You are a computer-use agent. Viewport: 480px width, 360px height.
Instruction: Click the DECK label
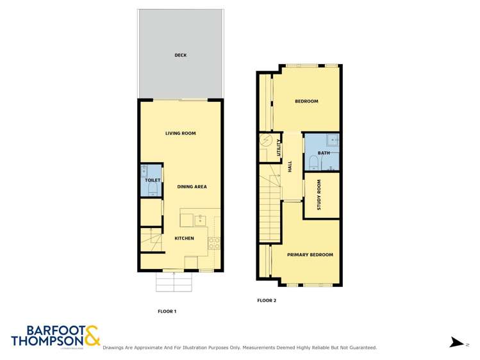tap(180, 56)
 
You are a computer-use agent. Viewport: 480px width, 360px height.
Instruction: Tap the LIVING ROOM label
tap(180, 133)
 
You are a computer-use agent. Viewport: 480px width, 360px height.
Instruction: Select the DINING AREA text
tap(192, 186)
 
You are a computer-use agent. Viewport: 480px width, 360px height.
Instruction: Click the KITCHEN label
tap(184, 238)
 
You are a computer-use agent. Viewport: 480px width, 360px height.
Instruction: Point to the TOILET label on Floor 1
tap(152, 181)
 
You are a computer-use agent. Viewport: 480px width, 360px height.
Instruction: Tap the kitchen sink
tap(199, 220)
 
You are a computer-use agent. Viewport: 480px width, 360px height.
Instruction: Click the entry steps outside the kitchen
tap(174, 281)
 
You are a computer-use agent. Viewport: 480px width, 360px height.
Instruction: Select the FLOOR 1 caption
tap(167, 311)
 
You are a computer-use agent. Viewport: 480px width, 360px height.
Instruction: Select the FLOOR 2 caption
tap(266, 300)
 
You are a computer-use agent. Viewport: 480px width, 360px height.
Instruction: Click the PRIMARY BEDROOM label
tap(310, 255)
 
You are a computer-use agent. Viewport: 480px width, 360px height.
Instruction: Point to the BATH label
tap(324, 153)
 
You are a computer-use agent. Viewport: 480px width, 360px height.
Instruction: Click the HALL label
tap(290, 167)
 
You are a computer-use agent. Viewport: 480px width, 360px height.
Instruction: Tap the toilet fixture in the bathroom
tap(312, 161)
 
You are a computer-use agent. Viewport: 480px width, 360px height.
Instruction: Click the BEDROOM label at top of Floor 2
tap(306, 101)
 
